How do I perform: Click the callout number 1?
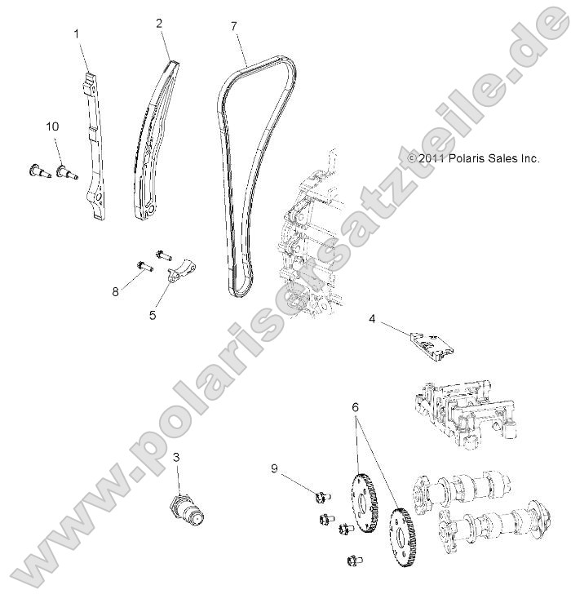[77, 33]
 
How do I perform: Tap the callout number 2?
[160, 24]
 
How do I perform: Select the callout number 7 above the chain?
[234, 27]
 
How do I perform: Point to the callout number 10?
[52, 126]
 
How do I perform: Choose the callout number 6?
[356, 406]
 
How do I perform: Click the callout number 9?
[275, 468]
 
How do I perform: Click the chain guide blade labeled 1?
[95, 147]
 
